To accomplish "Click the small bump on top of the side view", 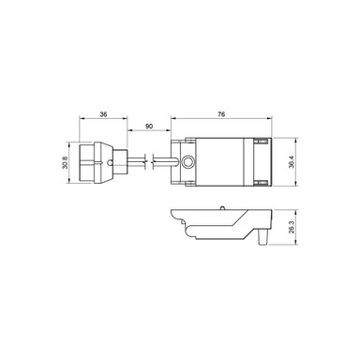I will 222,207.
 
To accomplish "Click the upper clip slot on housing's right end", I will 255,142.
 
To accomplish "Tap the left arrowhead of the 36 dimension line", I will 82,119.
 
